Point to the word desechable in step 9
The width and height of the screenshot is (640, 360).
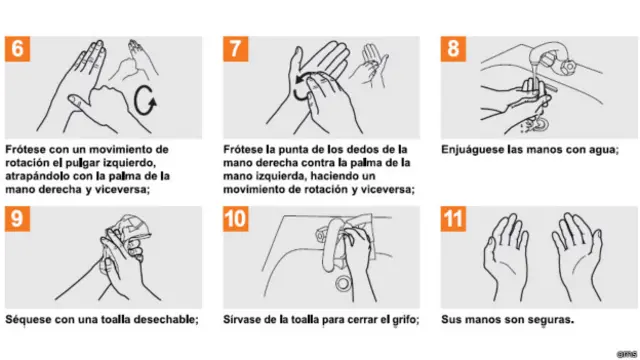click(159, 320)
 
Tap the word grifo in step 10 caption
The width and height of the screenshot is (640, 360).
click(404, 320)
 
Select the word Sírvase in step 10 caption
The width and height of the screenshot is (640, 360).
click(244, 320)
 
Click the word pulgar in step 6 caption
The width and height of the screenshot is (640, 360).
click(100, 162)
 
